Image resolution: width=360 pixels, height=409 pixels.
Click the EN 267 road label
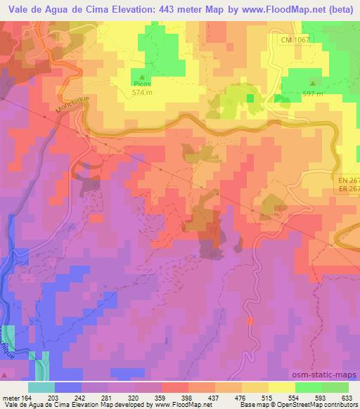(347, 181)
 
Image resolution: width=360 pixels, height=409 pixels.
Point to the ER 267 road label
(347, 189)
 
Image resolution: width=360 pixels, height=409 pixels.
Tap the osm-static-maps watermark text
(329, 376)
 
